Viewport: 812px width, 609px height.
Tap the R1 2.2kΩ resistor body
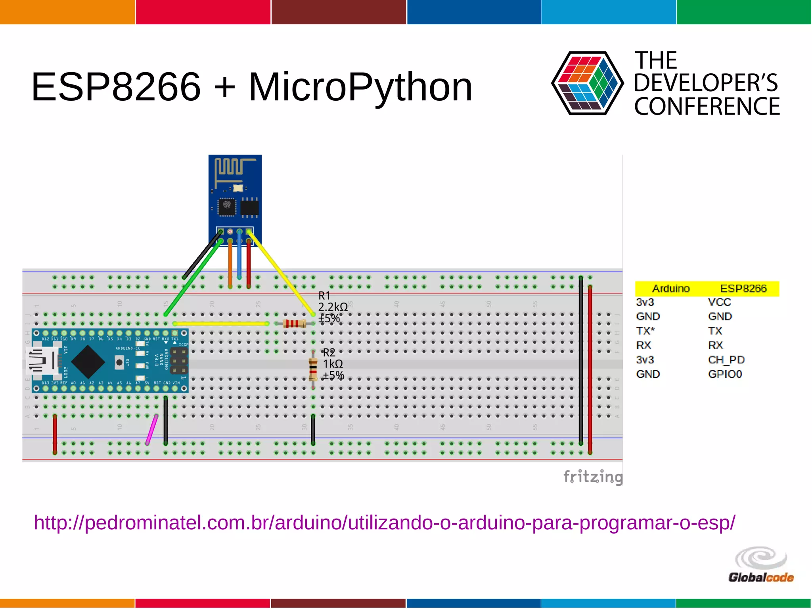point(295,324)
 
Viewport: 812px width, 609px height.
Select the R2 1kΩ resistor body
point(313,369)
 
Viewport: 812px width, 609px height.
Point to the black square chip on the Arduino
point(88,361)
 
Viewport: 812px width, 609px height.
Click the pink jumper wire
point(151,430)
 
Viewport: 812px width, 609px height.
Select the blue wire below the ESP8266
point(239,258)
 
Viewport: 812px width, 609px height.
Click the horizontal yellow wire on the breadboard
point(220,324)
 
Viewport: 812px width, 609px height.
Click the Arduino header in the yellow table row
point(671,289)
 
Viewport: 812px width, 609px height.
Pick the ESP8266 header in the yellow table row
point(743,289)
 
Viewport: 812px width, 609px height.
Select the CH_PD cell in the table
point(726,360)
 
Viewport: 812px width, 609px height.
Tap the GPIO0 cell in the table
point(725,374)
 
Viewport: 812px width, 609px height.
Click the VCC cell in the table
point(719,302)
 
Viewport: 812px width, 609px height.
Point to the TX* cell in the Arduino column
point(645,331)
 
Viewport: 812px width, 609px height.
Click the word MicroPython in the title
point(360,87)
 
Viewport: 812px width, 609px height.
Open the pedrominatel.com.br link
point(384,522)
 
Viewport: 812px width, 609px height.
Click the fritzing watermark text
point(592,476)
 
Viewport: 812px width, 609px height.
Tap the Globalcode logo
point(761,565)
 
